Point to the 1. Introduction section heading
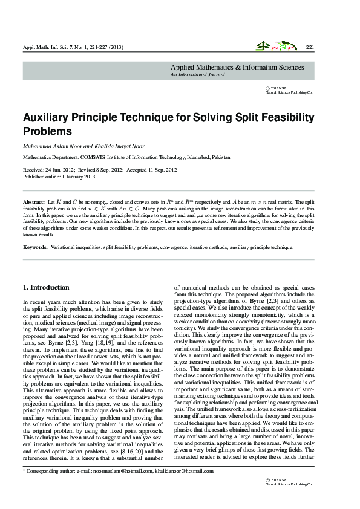pyautogui.click(x=46, y=287)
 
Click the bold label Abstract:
pyautogui.click(x=34, y=200)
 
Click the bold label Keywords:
pyautogui.click(x=36, y=248)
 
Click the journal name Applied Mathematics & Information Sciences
pyautogui.click(x=237, y=67)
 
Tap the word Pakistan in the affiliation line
pyautogui.click(x=217, y=157)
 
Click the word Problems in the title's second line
pyautogui.click(x=47, y=131)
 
